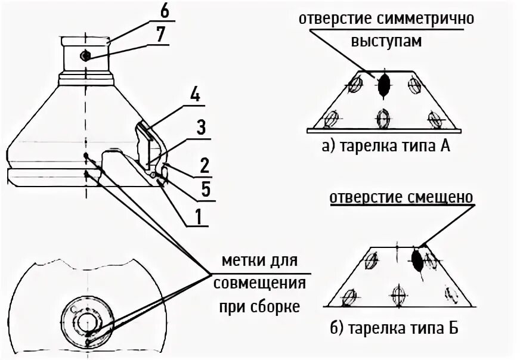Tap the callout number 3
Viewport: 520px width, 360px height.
200,127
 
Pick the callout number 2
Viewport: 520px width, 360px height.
203,163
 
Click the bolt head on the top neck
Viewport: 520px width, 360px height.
85,55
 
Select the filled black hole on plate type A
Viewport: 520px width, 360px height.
384,85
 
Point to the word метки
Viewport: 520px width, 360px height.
242,261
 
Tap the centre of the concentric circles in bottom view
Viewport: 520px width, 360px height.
87,322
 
